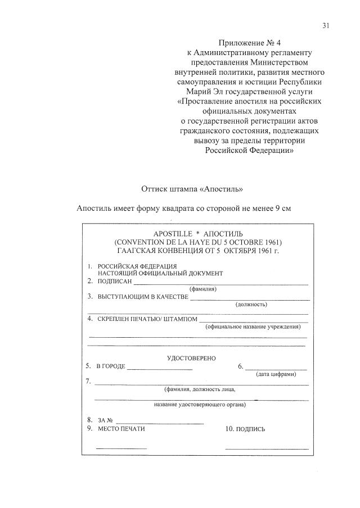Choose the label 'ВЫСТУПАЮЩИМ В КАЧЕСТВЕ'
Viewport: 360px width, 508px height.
[x=143, y=297]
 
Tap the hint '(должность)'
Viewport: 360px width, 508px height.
[x=251, y=305]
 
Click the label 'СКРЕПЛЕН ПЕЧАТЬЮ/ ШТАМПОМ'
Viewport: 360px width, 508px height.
[x=148, y=319]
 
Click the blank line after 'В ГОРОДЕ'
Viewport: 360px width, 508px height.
[x=160, y=369]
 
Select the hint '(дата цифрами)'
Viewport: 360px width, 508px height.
[x=276, y=374]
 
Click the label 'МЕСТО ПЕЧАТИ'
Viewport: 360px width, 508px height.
[x=121, y=429]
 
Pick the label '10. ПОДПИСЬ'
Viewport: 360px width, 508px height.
[x=245, y=429]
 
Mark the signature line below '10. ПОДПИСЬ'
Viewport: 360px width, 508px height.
[x=267, y=448]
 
